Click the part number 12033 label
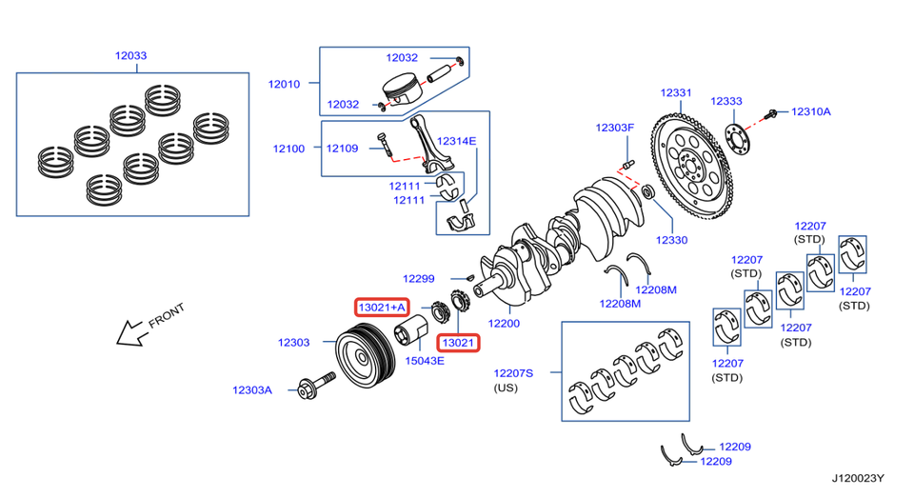coord(131,56)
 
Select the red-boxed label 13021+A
coord(382,307)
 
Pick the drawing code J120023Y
coord(856,479)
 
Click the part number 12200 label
coord(504,324)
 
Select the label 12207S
coord(513,372)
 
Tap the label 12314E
coord(456,141)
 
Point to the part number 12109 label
coord(342,149)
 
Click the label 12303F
coord(614,128)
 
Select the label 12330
coord(671,240)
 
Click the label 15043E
coord(425,360)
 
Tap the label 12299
coord(418,279)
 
